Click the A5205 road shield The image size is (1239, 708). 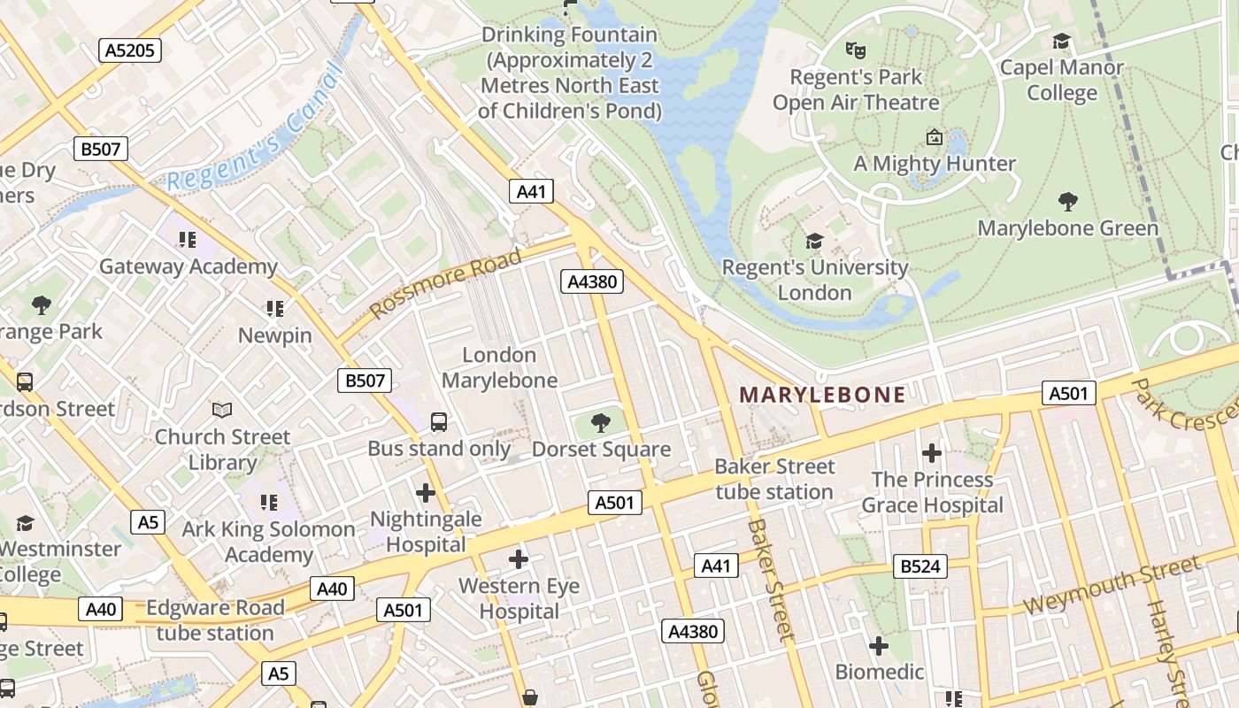pos(129,50)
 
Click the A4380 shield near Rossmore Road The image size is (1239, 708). pos(592,281)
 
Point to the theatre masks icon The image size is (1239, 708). pos(854,50)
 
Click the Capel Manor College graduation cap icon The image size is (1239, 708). pos(1061,41)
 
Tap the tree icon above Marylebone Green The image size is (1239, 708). pos(1067,202)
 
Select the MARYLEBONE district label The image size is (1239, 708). pos(822,395)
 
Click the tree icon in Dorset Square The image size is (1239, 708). pos(601,422)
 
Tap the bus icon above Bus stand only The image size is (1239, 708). pos(439,422)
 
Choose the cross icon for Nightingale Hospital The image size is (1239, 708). pos(426,492)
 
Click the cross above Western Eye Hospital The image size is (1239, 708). pos(519,559)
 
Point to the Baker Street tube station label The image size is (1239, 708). pos(774,479)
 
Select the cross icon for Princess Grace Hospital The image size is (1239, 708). pos(931,453)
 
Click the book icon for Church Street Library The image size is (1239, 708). pos(222,411)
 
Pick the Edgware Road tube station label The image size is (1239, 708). pos(215,620)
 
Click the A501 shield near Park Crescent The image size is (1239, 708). pos(1068,393)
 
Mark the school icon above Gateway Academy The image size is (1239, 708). pos(187,240)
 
